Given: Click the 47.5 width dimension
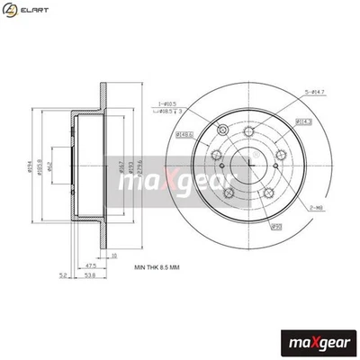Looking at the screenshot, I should click(92, 266).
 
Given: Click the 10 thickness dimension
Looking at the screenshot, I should click(112, 255).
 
